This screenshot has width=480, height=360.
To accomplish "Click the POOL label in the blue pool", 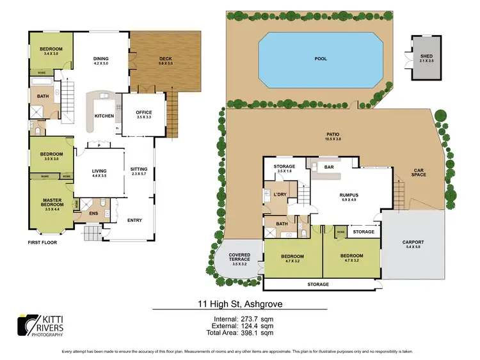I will point(321,59).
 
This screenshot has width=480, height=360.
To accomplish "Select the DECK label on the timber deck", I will point(166,59).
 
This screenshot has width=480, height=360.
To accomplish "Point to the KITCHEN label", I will point(104,116).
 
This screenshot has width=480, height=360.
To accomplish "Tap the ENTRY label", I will point(135,221).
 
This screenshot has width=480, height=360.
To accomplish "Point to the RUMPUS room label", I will point(349,195).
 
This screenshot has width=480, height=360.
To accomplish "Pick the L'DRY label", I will point(279,194).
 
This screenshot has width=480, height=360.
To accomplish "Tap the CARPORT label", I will point(413,242).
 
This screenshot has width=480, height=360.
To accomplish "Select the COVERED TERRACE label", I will point(240,257).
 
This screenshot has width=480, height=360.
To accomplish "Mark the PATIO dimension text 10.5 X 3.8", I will point(332,139).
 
